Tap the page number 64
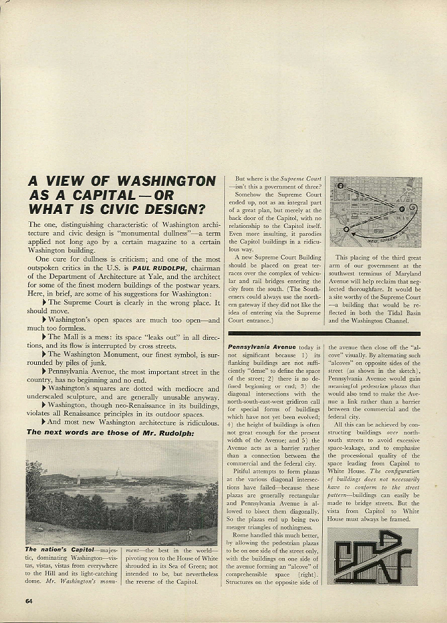click(x=30, y=600)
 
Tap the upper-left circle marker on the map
click(x=340, y=187)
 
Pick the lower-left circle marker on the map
click(x=346, y=229)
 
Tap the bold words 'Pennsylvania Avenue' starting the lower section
click(x=256, y=347)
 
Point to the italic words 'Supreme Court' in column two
click(x=301, y=180)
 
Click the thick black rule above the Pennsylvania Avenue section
click(x=324, y=333)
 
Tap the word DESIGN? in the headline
click(x=171, y=209)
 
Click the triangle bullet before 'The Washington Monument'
click(x=45, y=353)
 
